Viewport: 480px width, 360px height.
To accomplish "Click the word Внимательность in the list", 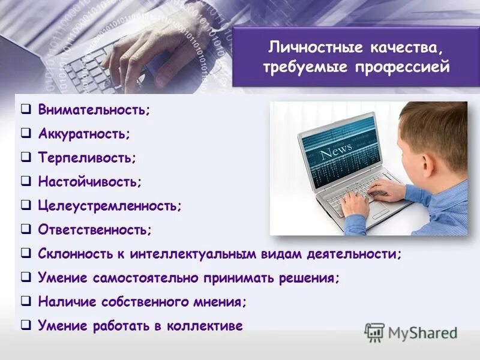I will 92,111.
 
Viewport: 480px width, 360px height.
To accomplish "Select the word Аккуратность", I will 83,134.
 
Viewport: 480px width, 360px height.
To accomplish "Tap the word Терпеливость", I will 86,158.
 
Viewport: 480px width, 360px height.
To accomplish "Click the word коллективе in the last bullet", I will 208,326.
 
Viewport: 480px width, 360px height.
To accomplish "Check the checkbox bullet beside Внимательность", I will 25,110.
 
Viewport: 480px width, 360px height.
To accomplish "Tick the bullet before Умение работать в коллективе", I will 25,325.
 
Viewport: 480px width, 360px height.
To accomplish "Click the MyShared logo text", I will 422,332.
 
